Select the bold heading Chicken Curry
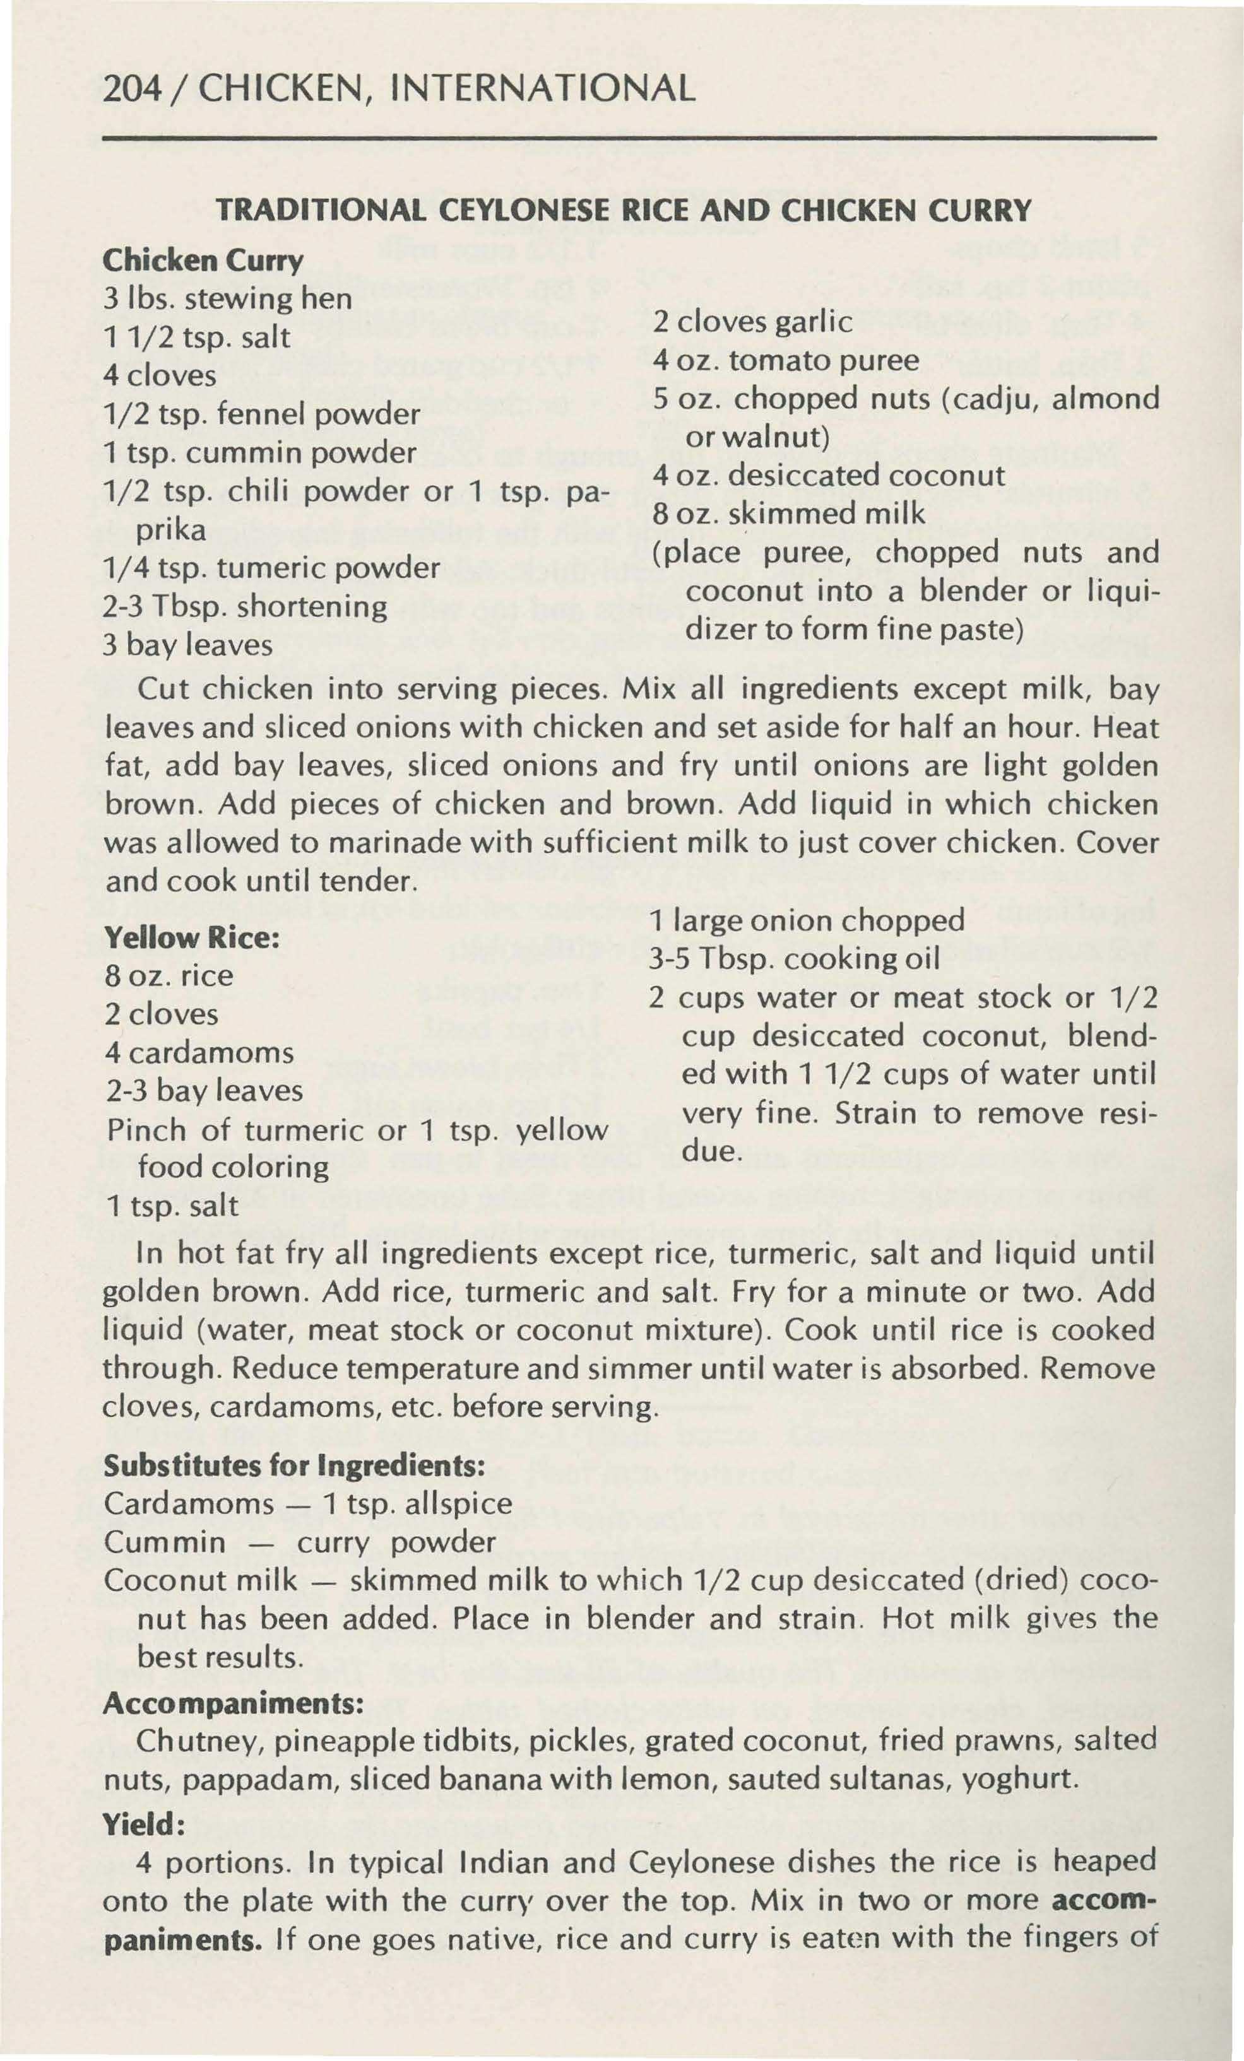203,261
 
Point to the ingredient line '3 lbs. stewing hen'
228,298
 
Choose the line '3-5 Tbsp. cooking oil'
795,958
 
